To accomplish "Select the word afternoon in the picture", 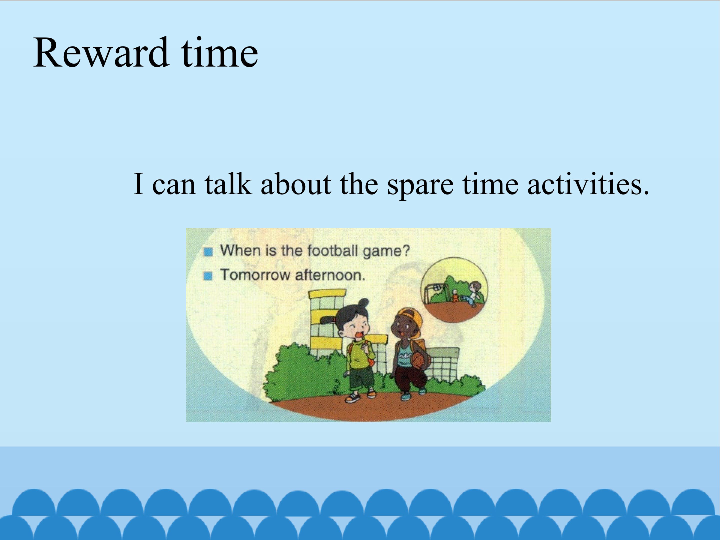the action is point(330,275).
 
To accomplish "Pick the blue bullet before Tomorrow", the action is point(208,276).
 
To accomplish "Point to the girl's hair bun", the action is point(364,303).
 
